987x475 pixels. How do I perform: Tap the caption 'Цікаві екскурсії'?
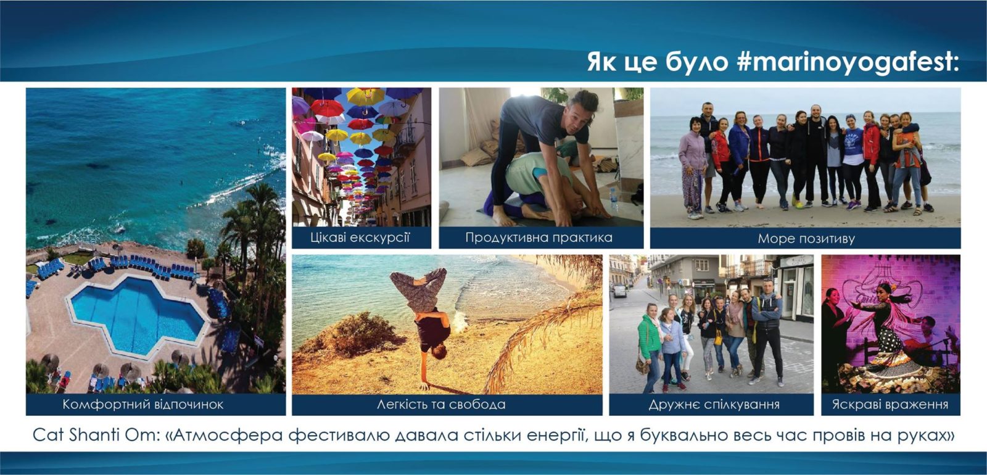(x=360, y=238)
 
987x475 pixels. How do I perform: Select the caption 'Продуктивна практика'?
(x=539, y=238)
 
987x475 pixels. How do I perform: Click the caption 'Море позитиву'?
(x=806, y=239)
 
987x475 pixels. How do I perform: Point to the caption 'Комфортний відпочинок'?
(x=142, y=405)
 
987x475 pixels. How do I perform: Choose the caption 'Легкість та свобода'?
(x=441, y=405)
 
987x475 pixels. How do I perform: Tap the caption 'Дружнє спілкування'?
(x=714, y=405)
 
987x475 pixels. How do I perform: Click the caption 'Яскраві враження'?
(x=890, y=405)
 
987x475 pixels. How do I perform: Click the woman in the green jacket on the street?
(x=650, y=348)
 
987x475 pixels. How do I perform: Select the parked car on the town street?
(x=619, y=291)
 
